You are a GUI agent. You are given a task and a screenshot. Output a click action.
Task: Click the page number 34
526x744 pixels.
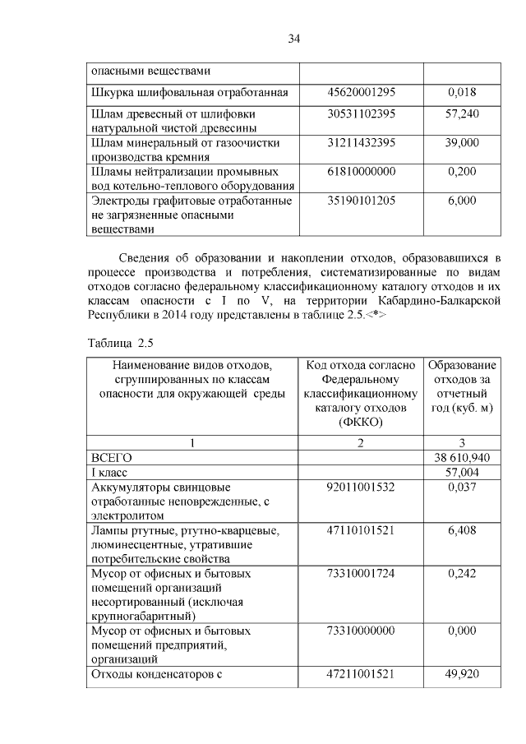click(x=295, y=39)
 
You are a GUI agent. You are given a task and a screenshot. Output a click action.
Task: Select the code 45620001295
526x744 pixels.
click(x=361, y=92)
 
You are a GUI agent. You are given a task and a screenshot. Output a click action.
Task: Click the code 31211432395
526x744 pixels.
click(x=361, y=142)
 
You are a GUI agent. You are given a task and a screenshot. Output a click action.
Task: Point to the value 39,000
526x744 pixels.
click(x=462, y=142)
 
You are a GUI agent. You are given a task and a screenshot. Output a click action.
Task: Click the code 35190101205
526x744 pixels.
click(x=361, y=200)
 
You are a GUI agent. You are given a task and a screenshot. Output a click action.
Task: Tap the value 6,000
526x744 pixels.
click(x=462, y=200)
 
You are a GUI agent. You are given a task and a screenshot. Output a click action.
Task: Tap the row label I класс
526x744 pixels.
click(x=112, y=472)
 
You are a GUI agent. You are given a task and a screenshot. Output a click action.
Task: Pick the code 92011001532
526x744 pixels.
click(x=361, y=487)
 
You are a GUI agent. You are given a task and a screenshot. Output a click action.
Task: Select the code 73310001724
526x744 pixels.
click(x=361, y=572)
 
